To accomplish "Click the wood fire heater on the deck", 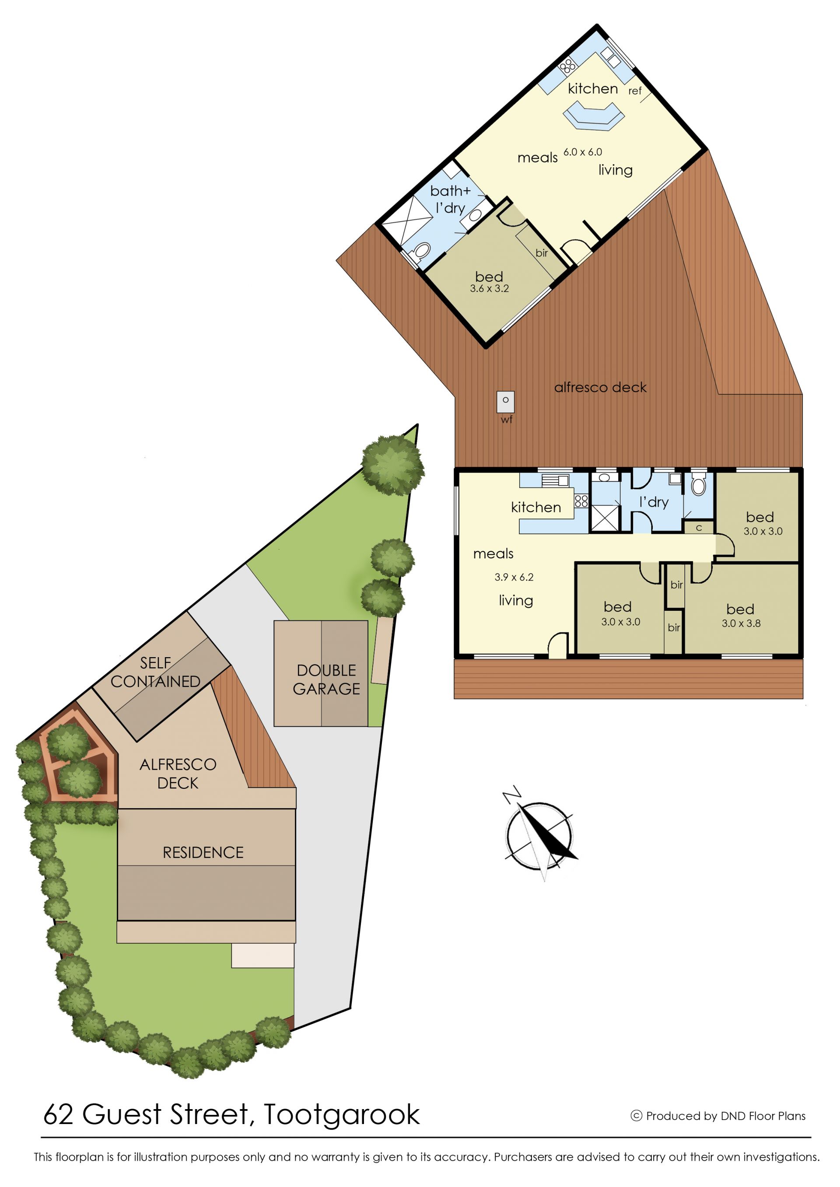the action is (505, 402).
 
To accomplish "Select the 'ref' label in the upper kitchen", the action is (635, 91).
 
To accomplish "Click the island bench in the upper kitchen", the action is (593, 115).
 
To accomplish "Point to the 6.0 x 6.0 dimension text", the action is (582, 152).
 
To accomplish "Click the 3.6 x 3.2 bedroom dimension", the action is (489, 289).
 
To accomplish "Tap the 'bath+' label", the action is (450, 191).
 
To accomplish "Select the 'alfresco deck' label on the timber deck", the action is (600, 387).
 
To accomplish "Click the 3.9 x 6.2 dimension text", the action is (514, 577).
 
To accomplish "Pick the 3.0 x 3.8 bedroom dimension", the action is (741, 623).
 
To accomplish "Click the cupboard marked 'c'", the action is (699, 528).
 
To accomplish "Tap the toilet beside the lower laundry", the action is (698, 485).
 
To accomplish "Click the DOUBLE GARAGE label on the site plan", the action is (326, 679).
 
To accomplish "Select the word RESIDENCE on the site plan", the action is (203, 853).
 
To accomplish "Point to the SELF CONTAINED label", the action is (155, 672).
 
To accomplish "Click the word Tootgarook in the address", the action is (341, 1115).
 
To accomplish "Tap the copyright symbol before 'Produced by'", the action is (636, 1116).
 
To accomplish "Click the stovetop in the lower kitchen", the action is (581, 501).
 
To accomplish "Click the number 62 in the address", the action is (59, 1115).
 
